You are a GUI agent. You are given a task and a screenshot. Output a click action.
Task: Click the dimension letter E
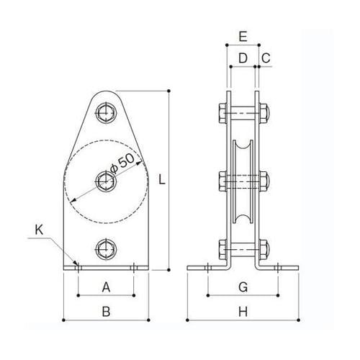pos(243,35)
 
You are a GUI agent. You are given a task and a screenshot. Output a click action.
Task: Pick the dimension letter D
pos(243,56)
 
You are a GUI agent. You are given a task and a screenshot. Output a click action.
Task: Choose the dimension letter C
pos(266,56)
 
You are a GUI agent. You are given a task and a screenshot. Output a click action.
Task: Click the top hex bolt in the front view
pos(106,112)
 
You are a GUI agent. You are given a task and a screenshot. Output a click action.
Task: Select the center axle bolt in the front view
pos(106,180)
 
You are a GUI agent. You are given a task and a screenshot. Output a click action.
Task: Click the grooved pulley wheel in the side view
pos(243,180)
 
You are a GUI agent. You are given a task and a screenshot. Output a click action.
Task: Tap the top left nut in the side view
pos(220,112)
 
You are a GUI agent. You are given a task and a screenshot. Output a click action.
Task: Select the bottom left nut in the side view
pos(220,249)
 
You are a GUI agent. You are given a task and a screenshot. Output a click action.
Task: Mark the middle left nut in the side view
pos(220,180)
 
